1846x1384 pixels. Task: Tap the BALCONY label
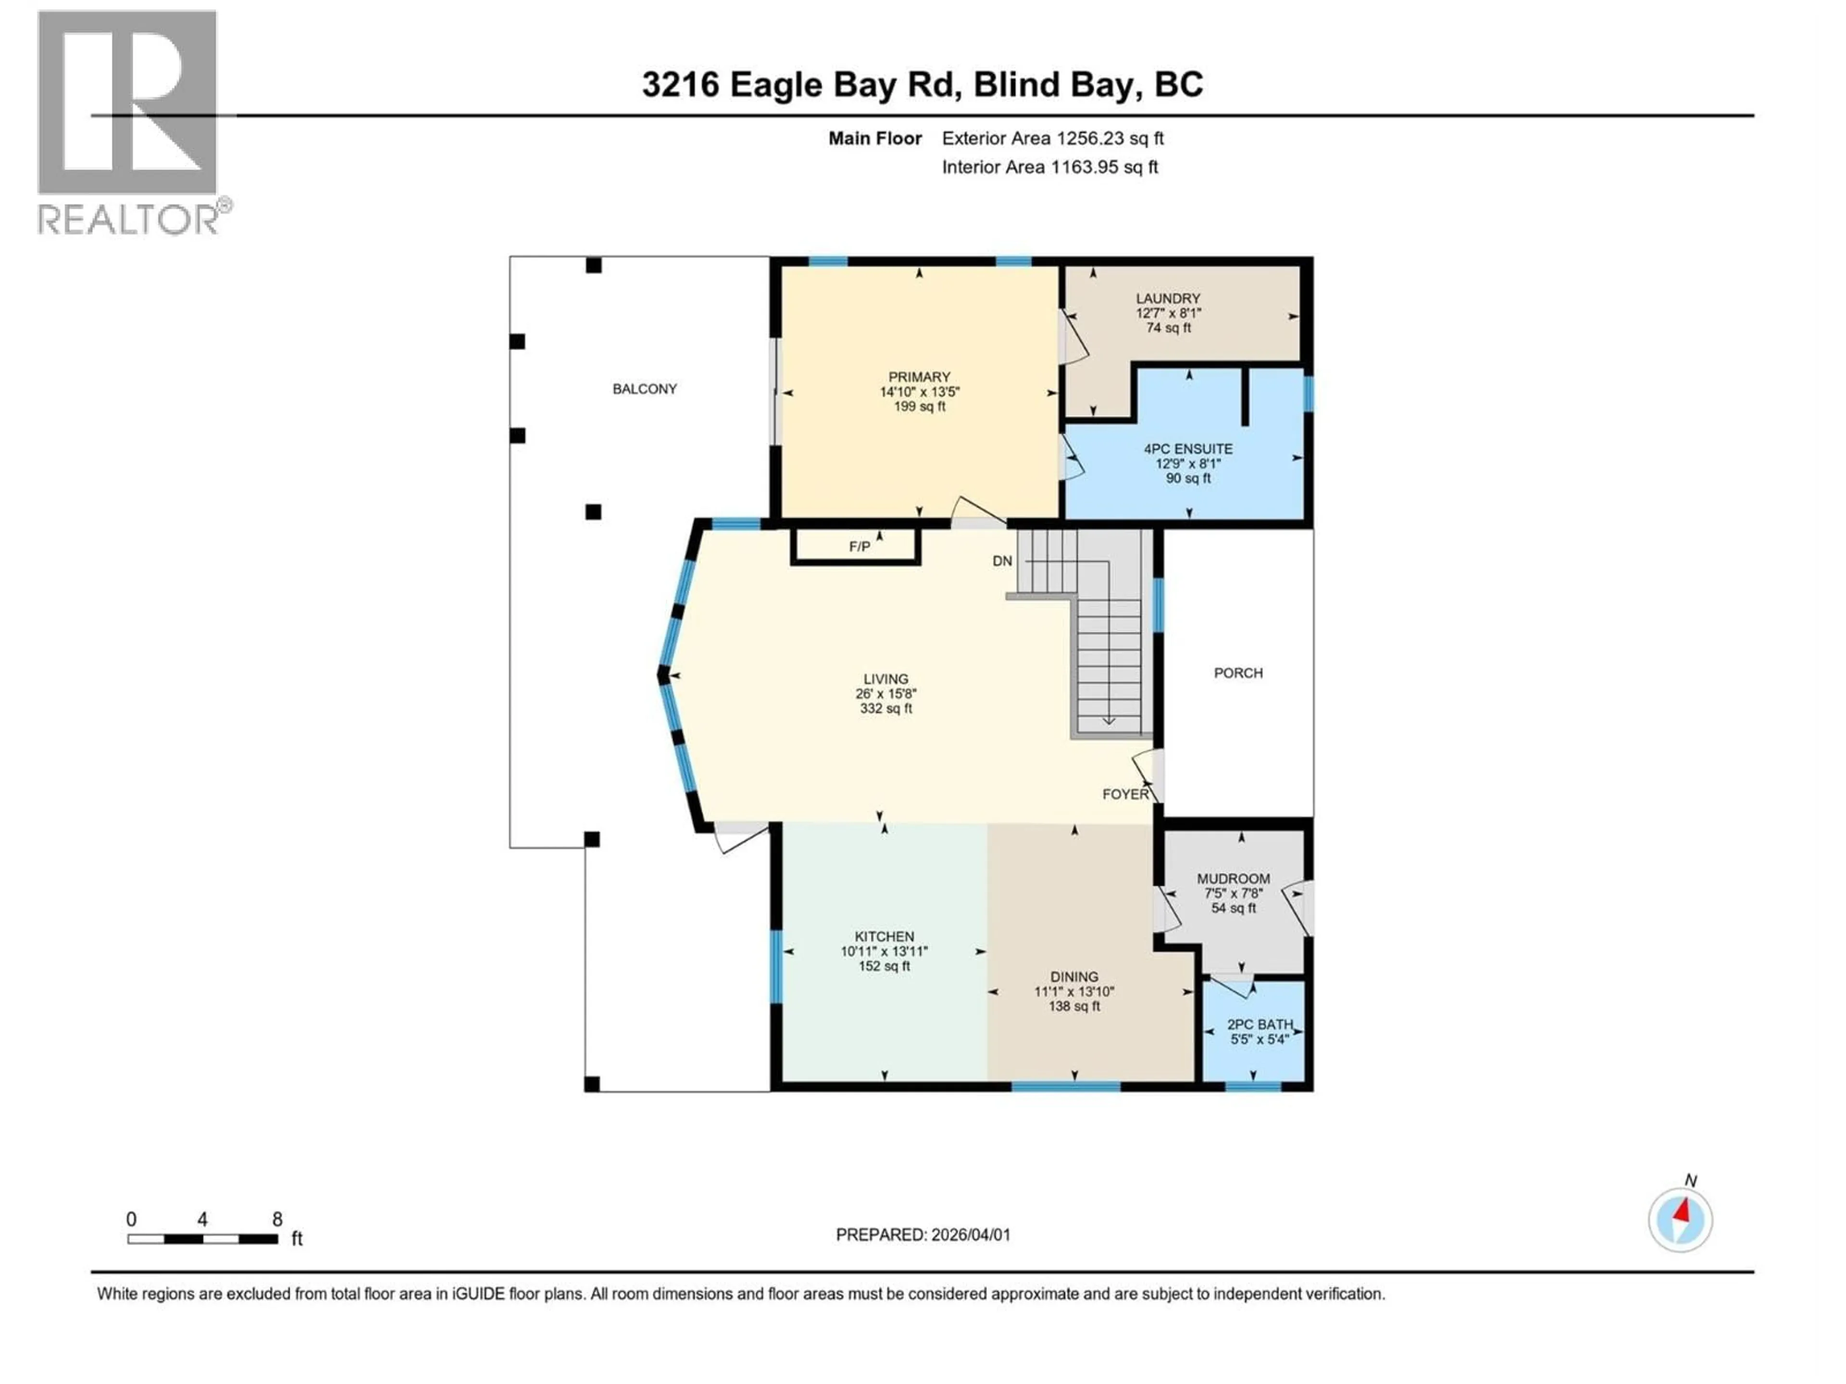point(644,389)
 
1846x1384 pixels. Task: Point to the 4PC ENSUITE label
point(1187,449)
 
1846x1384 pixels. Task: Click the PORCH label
point(1237,673)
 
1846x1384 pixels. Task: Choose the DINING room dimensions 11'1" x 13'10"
point(1074,992)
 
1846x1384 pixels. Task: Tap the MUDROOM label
point(1233,878)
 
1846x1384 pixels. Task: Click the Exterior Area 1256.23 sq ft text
point(1052,138)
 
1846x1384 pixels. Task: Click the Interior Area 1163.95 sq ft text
point(1049,167)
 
